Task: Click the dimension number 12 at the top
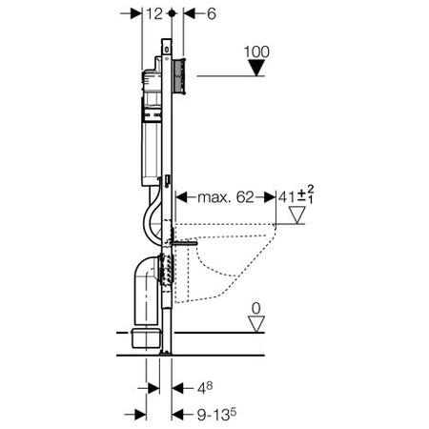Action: coord(154,13)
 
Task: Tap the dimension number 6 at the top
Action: coord(212,13)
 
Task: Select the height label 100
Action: coord(256,51)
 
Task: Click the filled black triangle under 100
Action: coord(256,68)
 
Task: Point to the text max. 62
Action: coord(226,197)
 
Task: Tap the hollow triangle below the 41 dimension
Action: coord(297,215)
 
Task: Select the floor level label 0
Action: coord(255,308)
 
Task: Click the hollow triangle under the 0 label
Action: coord(256,324)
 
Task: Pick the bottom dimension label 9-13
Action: coord(216,415)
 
